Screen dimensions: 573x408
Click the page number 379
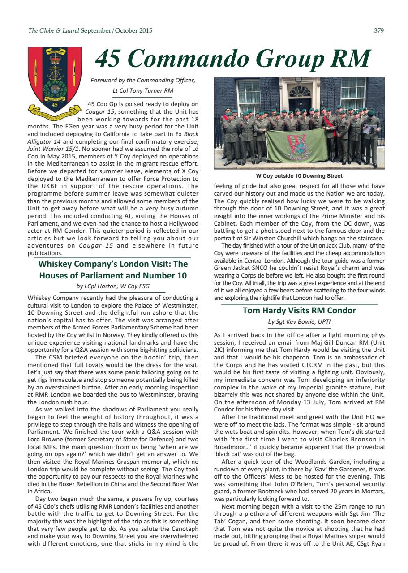[x=378, y=31]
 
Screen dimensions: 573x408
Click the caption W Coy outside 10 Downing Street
[x=299, y=176]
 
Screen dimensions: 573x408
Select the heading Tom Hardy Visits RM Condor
[x=299, y=310]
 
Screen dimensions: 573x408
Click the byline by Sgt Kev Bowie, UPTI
[x=299, y=321]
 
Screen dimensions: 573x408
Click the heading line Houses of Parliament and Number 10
[x=113, y=275]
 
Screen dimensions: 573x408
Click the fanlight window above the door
[x=300, y=91]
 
